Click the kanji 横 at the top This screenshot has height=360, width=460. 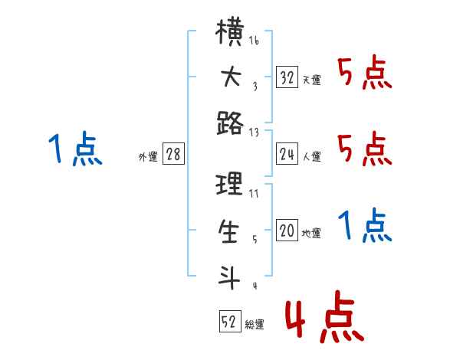(x=229, y=31)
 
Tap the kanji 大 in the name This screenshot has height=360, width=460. (x=232, y=77)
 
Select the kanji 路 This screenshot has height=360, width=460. (x=230, y=123)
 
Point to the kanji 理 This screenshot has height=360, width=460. (x=229, y=184)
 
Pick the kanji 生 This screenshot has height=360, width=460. (x=228, y=231)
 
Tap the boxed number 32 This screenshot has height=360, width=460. (x=287, y=77)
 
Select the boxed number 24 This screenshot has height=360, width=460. (x=287, y=154)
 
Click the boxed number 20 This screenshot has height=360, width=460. (x=287, y=230)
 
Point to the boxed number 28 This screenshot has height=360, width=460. (x=173, y=154)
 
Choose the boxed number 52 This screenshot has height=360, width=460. (x=230, y=321)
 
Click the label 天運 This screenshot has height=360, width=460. (x=312, y=80)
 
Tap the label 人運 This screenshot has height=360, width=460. (x=312, y=156)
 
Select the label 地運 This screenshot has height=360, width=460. (x=311, y=233)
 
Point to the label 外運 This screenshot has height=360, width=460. (x=148, y=157)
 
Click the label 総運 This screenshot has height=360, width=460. (x=255, y=324)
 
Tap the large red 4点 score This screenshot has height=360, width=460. (x=325, y=316)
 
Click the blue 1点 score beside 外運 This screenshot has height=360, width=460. (x=75, y=149)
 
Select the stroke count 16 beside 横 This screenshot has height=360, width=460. (x=254, y=41)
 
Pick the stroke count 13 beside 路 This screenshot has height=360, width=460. (x=254, y=133)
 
